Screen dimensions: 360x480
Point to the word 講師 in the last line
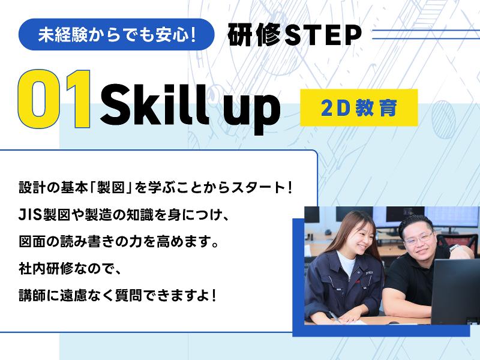tap(31, 296)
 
